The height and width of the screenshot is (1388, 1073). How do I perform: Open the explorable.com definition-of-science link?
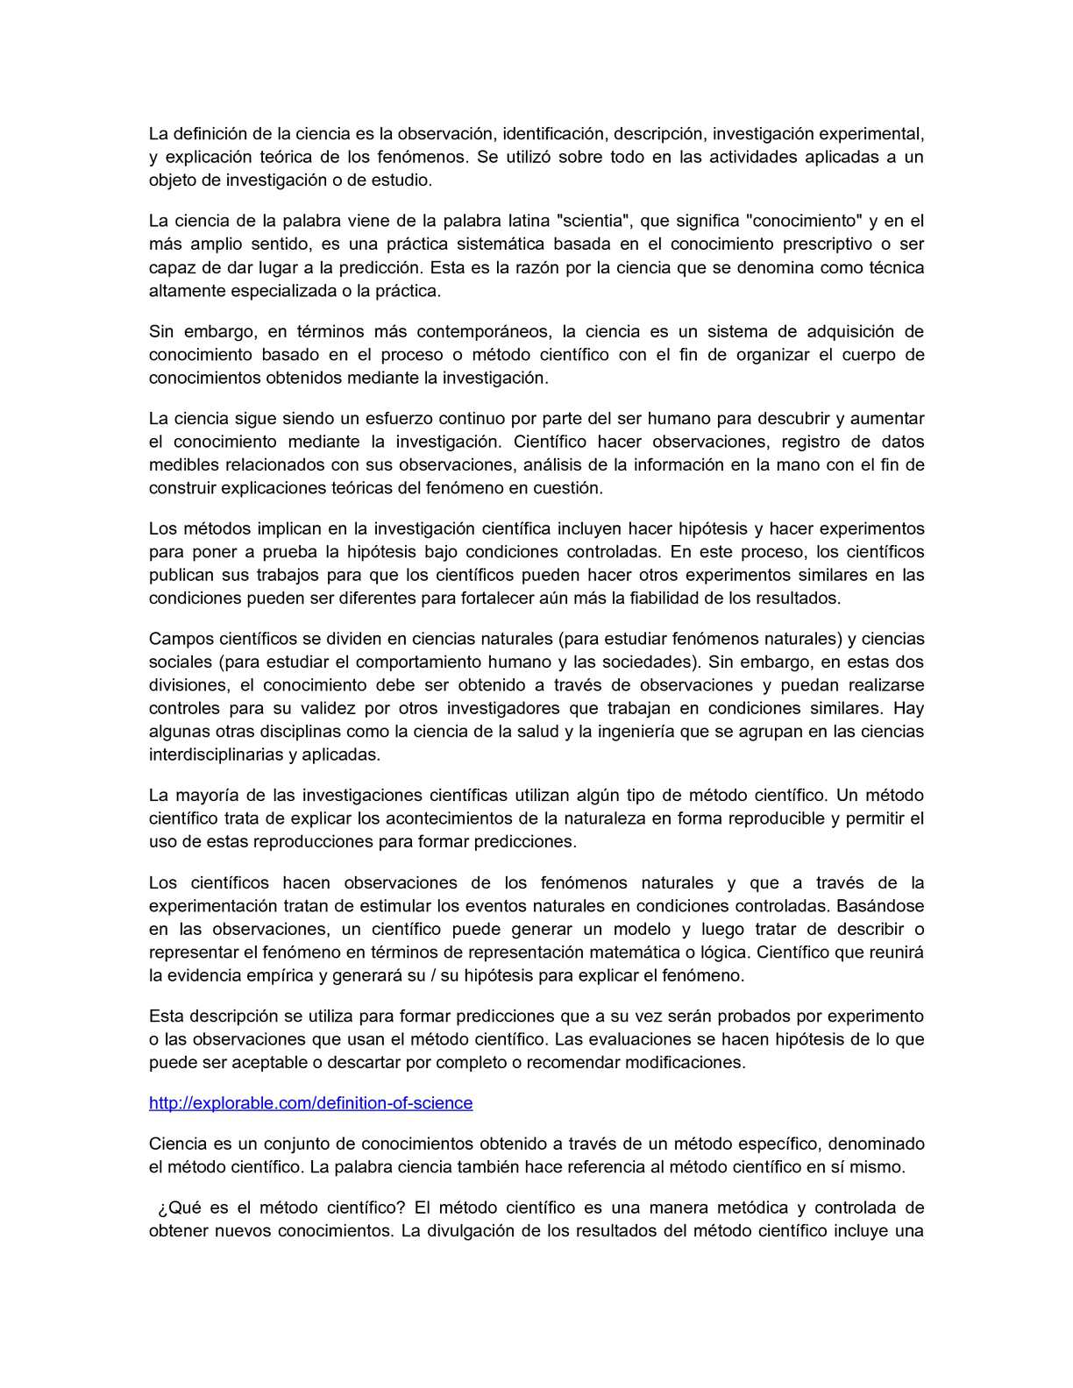pos(310,1103)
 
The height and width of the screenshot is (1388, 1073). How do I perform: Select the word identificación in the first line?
pos(553,134)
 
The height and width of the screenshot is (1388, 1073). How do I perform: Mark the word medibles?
pos(179,465)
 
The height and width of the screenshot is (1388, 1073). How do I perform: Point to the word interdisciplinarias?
pos(216,754)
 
